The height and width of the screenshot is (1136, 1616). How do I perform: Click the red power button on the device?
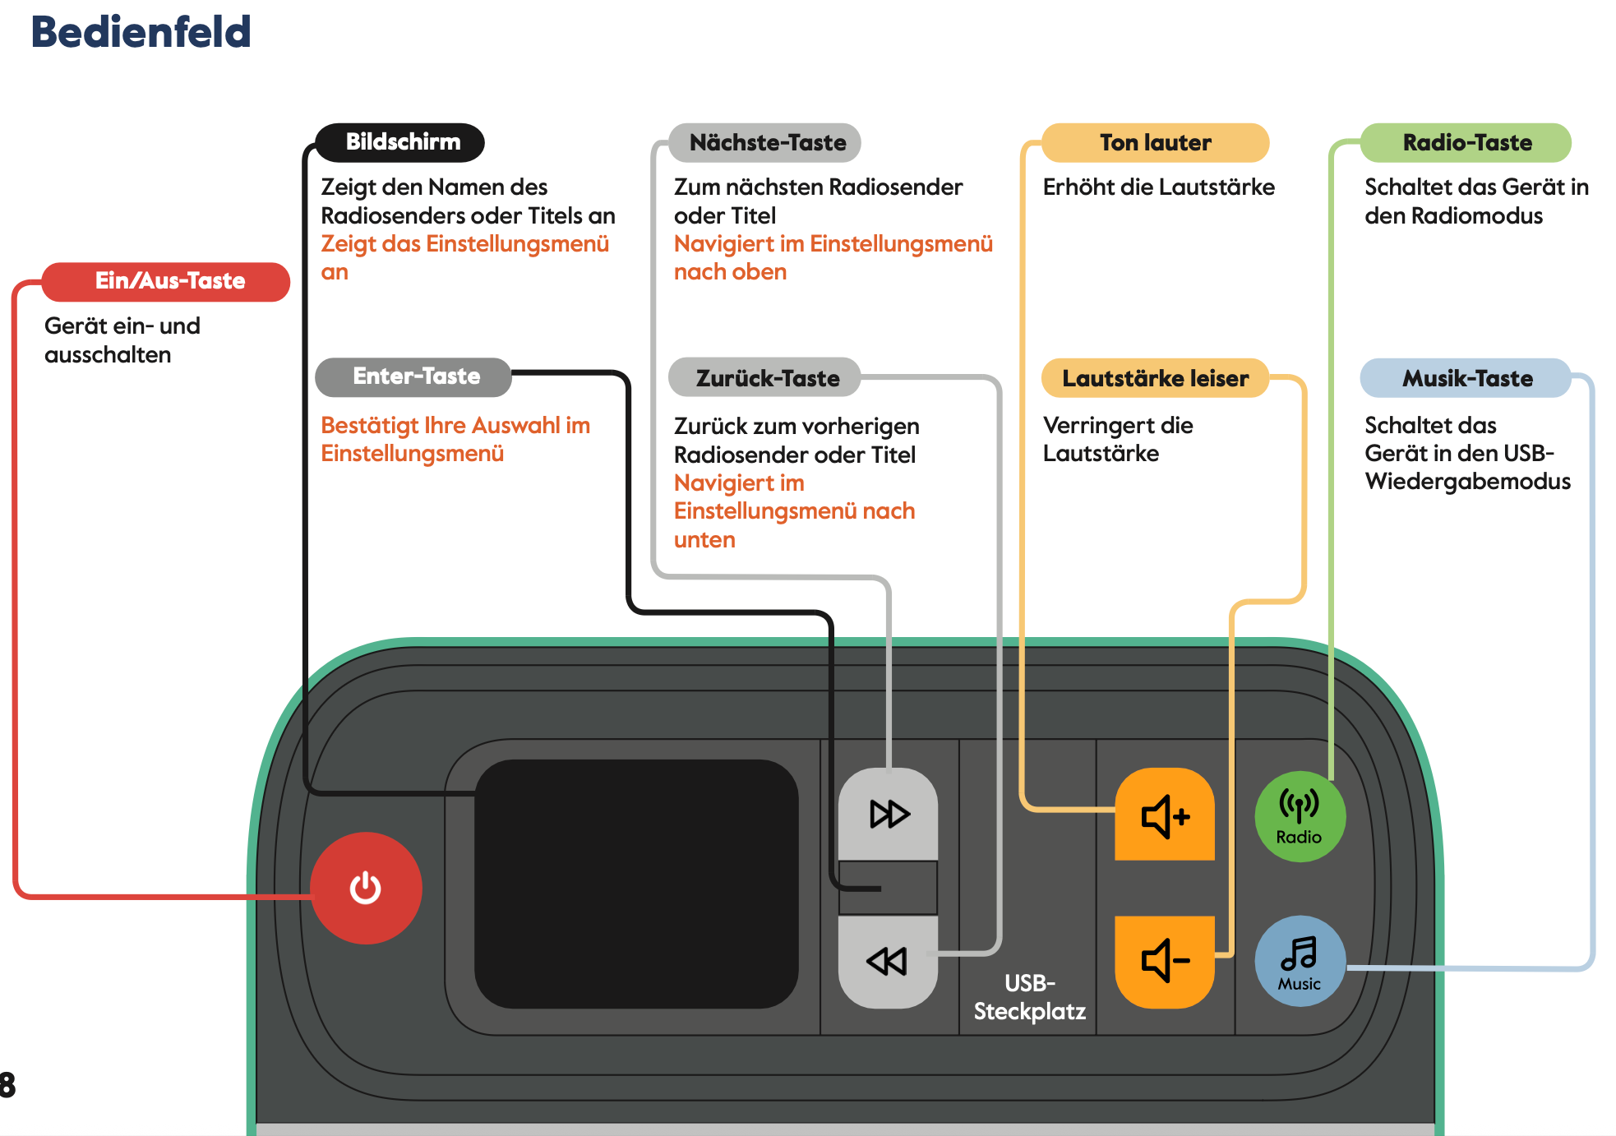pyautogui.click(x=366, y=888)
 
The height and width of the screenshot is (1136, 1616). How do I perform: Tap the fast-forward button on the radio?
pyautogui.click(x=889, y=814)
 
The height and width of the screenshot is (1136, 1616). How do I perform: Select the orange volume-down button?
pyautogui.click(x=1165, y=961)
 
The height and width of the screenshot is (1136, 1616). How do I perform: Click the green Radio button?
pyautogui.click(x=1300, y=816)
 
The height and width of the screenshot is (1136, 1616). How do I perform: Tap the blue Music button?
pyautogui.click(x=1300, y=961)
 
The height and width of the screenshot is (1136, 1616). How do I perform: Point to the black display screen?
pyautogui.click(x=636, y=884)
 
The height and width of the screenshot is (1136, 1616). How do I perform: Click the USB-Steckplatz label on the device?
pyautogui.click(x=1029, y=997)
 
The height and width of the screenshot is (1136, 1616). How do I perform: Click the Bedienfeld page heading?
pyautogui.click(x=141, y=32)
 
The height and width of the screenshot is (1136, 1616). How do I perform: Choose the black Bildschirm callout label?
pyautogui.click(x=401, y=142)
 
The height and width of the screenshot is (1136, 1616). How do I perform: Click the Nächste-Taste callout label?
pyautogui.click(x=765, y=143)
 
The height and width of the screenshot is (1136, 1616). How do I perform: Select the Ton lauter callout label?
pyautogui.click(x=1155, y=143)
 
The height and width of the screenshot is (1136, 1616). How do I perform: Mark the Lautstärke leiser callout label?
pyautogui.click(x=1155, y=378)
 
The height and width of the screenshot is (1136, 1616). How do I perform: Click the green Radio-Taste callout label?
pyautogui.click(x=1466, y=143)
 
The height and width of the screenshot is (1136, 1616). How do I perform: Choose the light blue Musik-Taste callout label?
pyautogui.click(x=1466, y=378)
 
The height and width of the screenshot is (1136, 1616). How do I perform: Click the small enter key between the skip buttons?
pyautogui.click(x=889, y=888)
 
